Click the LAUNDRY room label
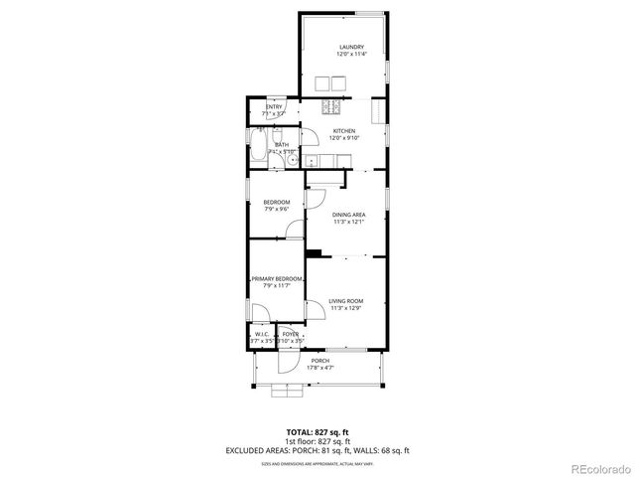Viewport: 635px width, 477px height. (x=351, y=47)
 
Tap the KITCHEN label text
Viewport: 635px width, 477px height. (x=344, y=131)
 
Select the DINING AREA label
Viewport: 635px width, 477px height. (x=348, y=215)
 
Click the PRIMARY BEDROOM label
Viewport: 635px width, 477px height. (x=276, y=278)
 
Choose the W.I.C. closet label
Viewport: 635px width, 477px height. (x=261, y=334)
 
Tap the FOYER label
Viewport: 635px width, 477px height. (x=290, y=334)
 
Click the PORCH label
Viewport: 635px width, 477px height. (x=319, y=361)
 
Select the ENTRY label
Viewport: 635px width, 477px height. (x=274, y=107)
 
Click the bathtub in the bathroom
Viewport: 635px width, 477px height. (x=257, y=151)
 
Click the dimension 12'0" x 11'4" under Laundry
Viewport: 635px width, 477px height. (x=351, y=55)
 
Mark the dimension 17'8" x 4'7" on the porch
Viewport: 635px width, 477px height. (x=319, y=369)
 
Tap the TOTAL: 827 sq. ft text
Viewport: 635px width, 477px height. (x=317, y=432)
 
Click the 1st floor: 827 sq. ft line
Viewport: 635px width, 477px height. (x=317, y=441)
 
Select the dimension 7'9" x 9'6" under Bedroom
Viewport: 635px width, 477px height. (x=277, y=210)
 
